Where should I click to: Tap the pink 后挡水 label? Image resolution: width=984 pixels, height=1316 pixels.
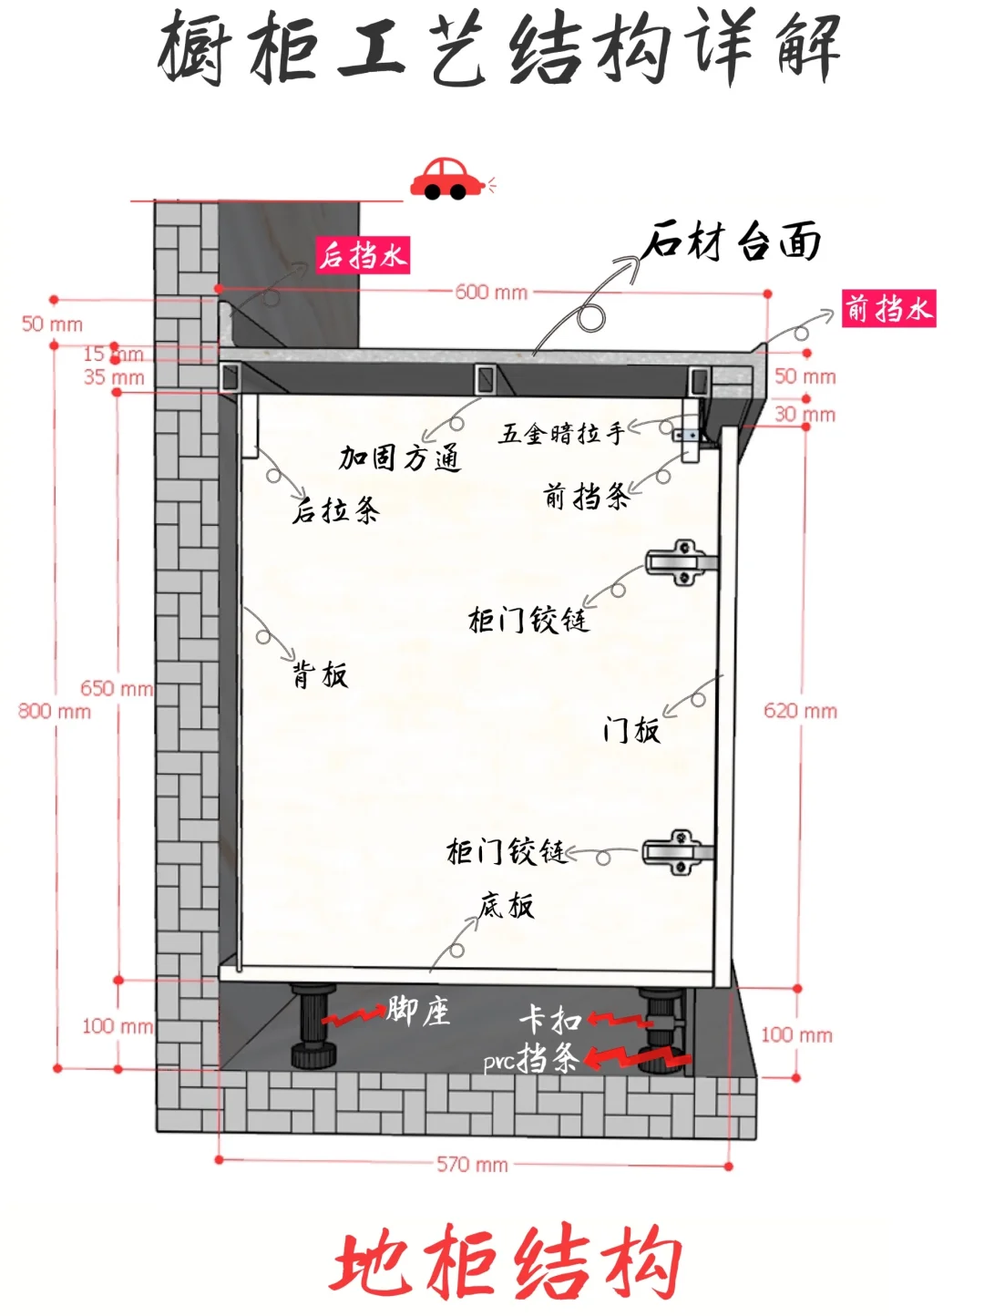[x=363, y=255]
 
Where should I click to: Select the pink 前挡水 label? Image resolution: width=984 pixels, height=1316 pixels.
[x=888, y=309]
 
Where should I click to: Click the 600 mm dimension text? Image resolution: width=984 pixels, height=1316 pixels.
[x=491, y=293]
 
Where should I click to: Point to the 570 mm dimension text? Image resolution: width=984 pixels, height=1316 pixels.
[x=472, y=1164]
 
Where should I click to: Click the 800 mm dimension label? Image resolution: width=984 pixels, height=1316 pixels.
[x=55, y=711]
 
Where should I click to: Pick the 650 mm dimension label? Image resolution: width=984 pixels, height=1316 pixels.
[x=116, y=688]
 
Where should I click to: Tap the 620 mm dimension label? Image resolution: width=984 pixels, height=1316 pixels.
[x=800, y=711]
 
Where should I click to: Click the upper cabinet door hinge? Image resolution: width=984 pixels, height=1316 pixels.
[x=680, y=561]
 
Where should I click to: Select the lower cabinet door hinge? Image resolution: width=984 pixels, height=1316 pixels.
[x=678, y=852]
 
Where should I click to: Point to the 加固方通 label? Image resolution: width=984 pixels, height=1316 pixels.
[x=400, y=458]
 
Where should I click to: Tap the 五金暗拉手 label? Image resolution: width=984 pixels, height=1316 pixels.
[x=561, y=433]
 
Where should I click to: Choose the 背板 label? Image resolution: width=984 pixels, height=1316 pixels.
[x=320, y=674]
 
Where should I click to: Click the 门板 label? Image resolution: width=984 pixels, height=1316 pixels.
[x=630, y=729]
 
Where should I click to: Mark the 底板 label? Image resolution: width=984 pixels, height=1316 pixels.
[x=507, y=905]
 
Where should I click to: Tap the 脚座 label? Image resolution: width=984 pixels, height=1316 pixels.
[x=418, y=1011]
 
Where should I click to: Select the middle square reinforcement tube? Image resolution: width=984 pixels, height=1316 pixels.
[x=483, y=377]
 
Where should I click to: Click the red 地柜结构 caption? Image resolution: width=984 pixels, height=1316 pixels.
[x=506, y=1263]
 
